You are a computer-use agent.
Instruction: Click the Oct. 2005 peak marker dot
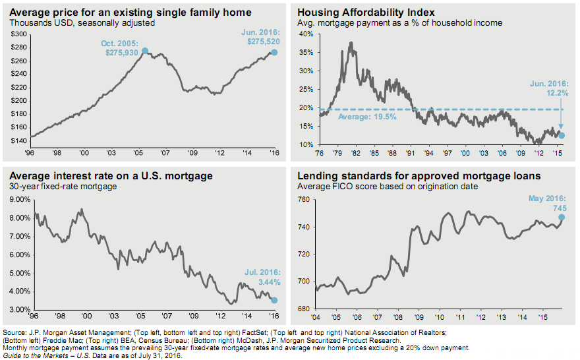[x=145, y=51]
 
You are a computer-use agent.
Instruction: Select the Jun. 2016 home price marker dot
[x=274, y=51]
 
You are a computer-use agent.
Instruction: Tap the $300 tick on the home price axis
[x=19, y=34]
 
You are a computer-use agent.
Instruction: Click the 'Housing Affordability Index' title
[x=356, y=13]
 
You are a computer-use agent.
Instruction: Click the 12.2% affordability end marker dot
[x=562, y=135]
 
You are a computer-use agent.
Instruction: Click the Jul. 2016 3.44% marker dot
[x=274, y=300]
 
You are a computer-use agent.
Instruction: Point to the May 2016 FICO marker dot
[x=562, y=216]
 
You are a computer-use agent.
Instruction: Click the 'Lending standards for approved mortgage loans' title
[x=419, y=176]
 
